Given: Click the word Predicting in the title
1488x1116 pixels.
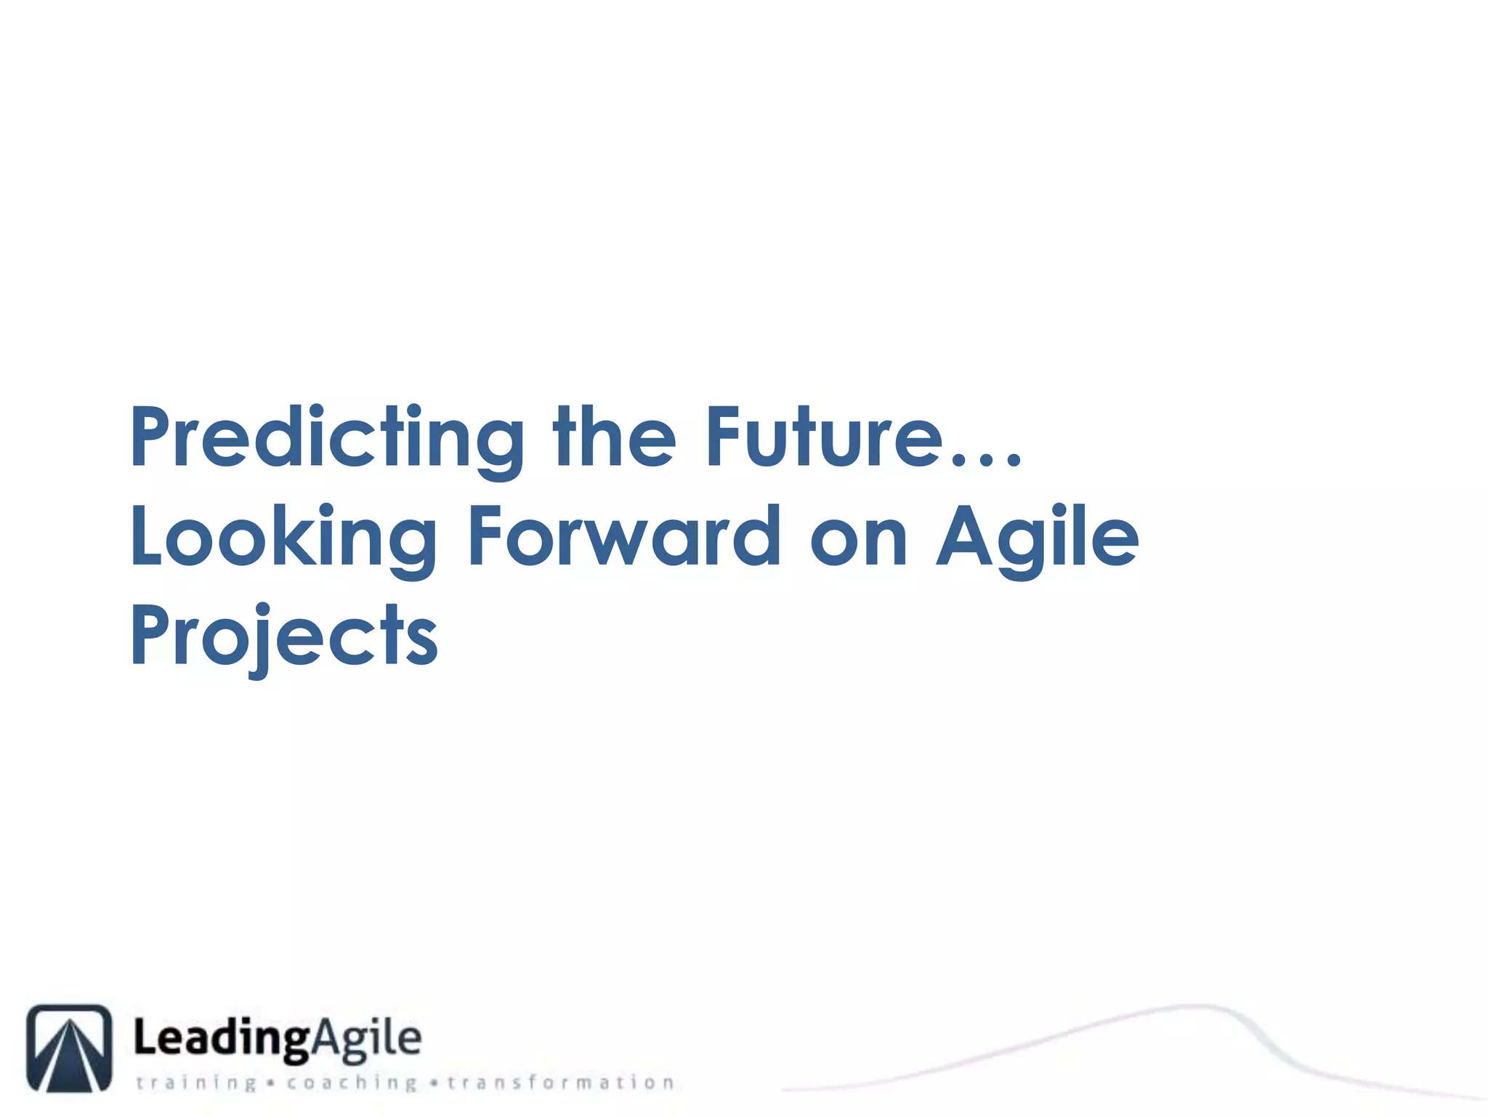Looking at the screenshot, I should (327, 437).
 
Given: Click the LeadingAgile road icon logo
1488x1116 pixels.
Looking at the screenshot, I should (70, 1048).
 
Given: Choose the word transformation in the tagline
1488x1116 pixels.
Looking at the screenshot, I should (561, 1083).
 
